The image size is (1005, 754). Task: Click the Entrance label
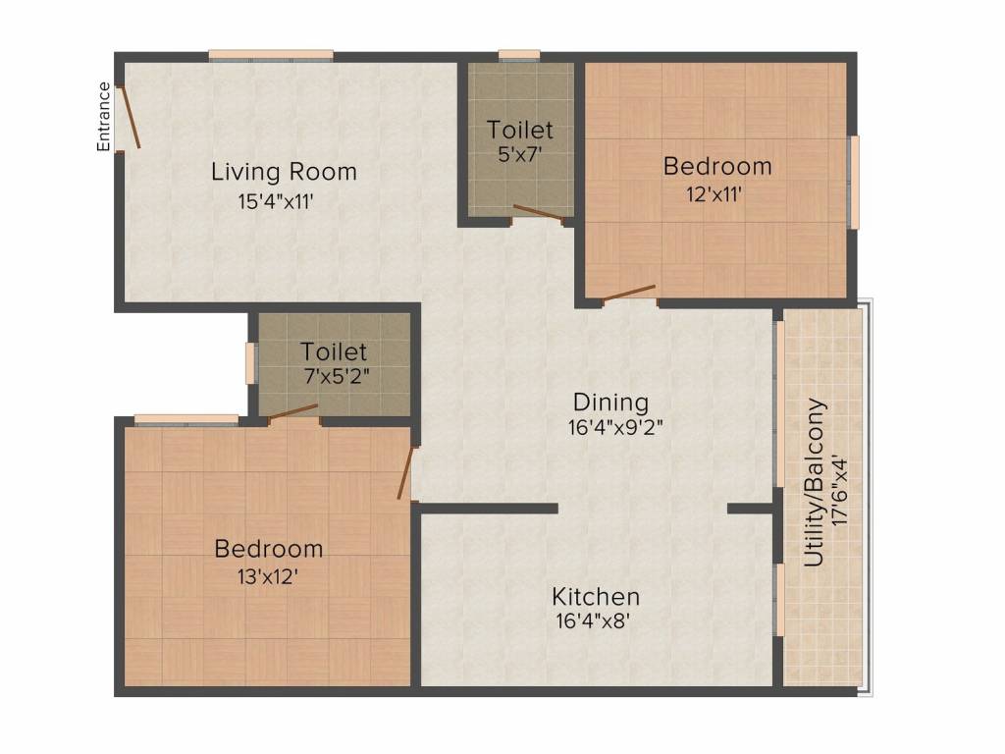click(103, 117)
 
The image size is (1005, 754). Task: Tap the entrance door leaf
click(130, 117)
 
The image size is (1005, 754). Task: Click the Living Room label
click(284, 172)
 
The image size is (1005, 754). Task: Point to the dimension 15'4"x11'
click(276, 202)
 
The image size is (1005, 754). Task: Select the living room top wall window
click(271, 56)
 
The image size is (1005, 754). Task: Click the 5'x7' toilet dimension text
click(520, 154)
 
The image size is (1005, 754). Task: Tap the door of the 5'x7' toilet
click(538, 213)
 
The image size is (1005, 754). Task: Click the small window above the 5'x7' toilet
click(518, 56)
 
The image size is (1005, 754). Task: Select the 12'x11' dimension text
click(714, 193)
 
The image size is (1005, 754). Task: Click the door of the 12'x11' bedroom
click(629, 293)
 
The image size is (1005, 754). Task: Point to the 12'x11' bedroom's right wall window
click(854, 182)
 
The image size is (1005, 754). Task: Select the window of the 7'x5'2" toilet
click(250, 363)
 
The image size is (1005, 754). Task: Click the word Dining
click(610, 402)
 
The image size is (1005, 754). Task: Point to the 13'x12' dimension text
click(267, 577)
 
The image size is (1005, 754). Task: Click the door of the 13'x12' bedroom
click(405, 472)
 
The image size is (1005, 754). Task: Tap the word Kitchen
click(596, 596)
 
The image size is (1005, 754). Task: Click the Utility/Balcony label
click(814, 483)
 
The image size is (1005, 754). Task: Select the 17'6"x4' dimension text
click(840, 491)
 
